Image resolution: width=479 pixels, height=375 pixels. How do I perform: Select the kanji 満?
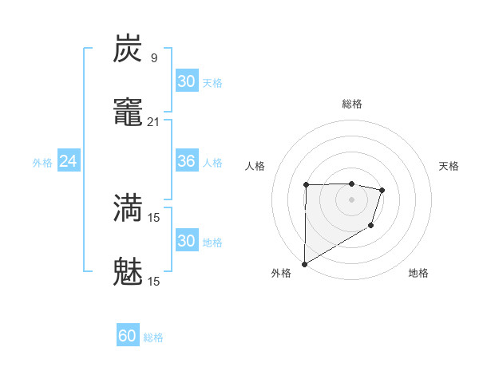pyautogui.click(x=128, y=207)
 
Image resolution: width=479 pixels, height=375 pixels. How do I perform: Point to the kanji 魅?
pyautogui.click(x=128, y=271)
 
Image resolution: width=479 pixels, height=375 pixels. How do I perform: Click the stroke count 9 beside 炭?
pyautogui.click(x=154, y=57)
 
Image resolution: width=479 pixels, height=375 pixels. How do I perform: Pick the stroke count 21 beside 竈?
pyautogui.click(x=154, y=121)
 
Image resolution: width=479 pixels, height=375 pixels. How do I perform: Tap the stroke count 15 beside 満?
pyautogui.click(x=154, y=217)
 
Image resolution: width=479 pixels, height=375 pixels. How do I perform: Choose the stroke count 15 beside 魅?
pyautogui.click(x=154, y=281)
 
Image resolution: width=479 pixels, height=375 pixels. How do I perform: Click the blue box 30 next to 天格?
pyautogui.click(x=186, y=81)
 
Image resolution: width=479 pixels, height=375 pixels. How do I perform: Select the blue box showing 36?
pyautogui.click(x=186, y=161)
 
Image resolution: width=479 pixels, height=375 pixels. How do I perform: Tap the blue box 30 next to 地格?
pyautogui.click(x=186, y=241)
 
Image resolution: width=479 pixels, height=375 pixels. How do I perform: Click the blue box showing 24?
pyautogui.click(x=69, y=161)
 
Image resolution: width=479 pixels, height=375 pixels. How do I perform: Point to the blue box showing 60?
pyautogui.click(x=128, y=336)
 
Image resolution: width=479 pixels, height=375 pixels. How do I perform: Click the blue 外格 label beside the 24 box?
pyautogui.click(x=42, y=162)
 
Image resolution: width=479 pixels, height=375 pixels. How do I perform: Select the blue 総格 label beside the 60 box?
pyautogui.click(x=153, y=337)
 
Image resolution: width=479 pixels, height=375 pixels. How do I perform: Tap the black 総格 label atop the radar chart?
pyautogui.click(x=352, y=104)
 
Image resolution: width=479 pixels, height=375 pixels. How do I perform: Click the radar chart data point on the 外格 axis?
pyautogui.click(x=304, y=264)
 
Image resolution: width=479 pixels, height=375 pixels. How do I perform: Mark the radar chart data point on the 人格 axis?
pyautogui.click(x=306, y=185)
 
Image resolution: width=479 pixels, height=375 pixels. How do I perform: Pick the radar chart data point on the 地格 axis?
pyautogui.click(x=370, y=227)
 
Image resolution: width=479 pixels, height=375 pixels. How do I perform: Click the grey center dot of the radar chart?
pyautogui.click(x=351, y=199)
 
